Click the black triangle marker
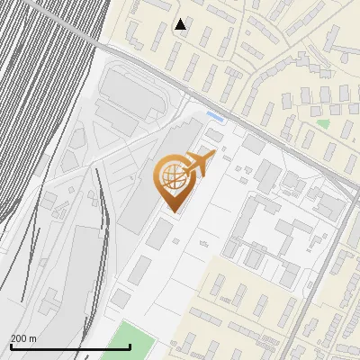pos(181,24)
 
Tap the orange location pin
pos(173,181)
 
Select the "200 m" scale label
pos(23,338)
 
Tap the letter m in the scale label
pos(33,338)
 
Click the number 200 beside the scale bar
pos(19,338)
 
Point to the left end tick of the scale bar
pos(11,346)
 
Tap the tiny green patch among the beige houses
pos(323,123)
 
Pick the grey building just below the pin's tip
pos(160,233)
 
